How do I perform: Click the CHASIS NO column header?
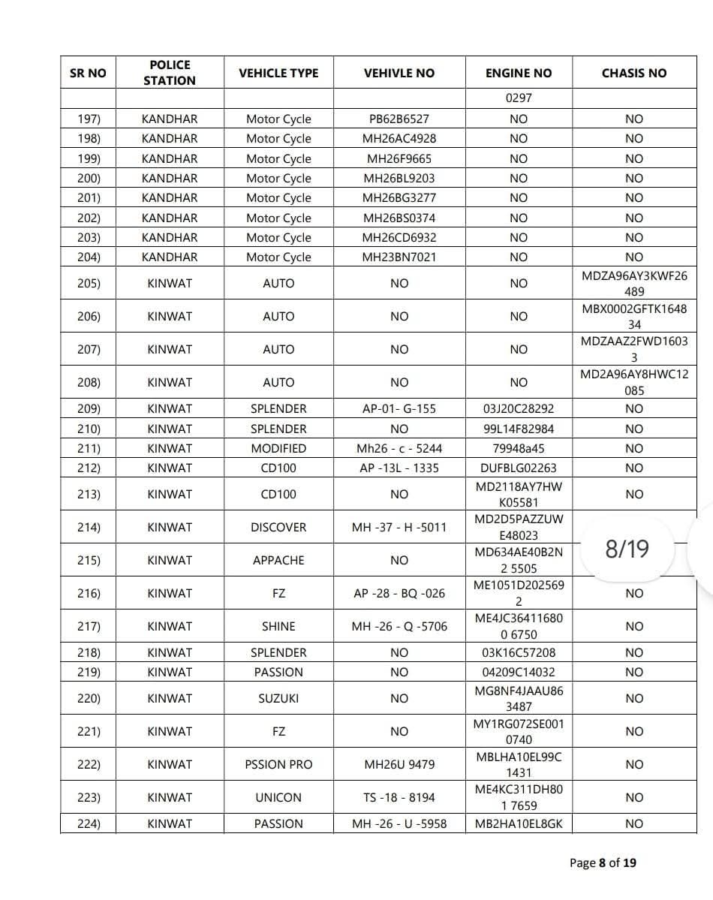click(x=633, y=73)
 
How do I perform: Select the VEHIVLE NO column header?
click(x=399, y=73)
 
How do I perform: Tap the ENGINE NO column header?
click(x=519, y=73)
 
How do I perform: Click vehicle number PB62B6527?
click(x=399, y=119)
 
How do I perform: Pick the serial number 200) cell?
click(x=89, y=178)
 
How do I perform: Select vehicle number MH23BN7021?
click(x=399, y=257)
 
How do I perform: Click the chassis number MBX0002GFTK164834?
click(x=633, y=316)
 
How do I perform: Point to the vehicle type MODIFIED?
click(x=278, y=448)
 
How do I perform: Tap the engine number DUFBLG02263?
click(x=519, y=468)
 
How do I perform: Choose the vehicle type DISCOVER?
click(x=278, y=527)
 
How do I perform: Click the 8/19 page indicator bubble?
click(x=627, y=549)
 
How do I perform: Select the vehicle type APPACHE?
click(x=278, y=560)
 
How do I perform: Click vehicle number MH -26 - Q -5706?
click(x=399, y=626)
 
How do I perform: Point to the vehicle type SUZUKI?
click(x=278, y=698)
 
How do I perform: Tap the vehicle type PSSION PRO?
click(x=278, y=764)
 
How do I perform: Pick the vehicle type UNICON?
click(x=278, y=797)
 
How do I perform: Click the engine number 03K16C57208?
click(x=519, y=652)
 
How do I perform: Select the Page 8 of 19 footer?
click(x=603, y=862)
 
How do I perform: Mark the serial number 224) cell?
click(x=89, y=823)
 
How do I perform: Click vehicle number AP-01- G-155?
click(x=399, y=409)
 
